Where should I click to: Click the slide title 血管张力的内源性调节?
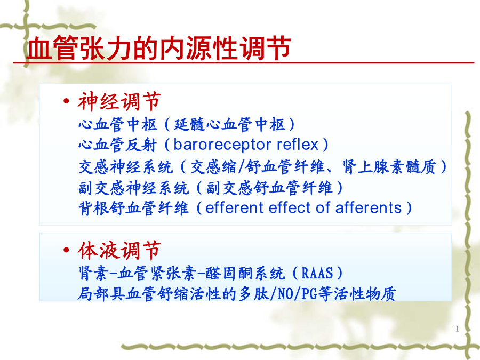pos(158,47)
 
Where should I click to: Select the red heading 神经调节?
pos(119,102)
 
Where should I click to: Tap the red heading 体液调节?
pos(119,251)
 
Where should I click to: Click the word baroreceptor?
pos(222,145)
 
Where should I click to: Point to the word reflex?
pos(298,144)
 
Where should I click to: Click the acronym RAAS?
pos(317,273)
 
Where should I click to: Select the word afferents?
pos(368,208)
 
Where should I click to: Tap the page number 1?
pos(457,329)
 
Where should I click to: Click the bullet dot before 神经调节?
pos(66,101)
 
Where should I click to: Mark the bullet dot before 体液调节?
pos(66,250)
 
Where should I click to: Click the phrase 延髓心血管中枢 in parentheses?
pos(229,125)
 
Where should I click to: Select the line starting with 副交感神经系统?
pos(211,188)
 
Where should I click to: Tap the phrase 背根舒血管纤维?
pos(133,208)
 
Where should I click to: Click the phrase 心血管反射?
pos(118,145)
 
